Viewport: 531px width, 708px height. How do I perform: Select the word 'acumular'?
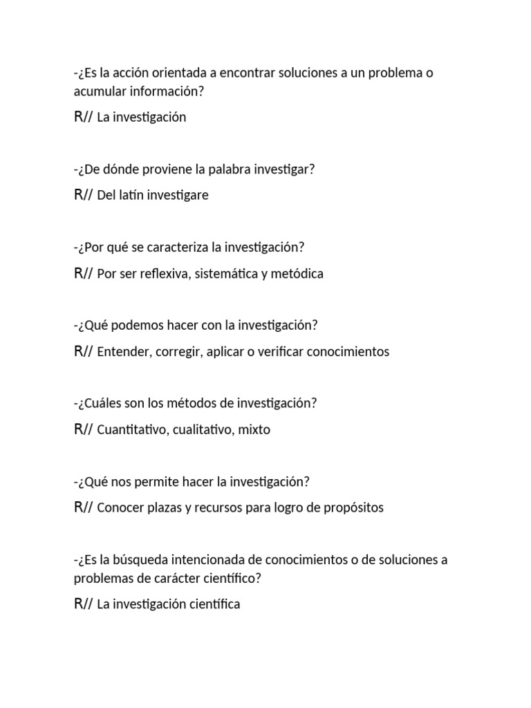100,91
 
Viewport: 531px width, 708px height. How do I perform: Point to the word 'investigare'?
177,196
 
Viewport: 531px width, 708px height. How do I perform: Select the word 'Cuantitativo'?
133,430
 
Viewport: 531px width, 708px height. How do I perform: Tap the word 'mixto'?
254,430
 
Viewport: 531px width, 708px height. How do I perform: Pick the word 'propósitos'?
353,508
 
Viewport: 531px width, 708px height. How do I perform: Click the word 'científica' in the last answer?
213,604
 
